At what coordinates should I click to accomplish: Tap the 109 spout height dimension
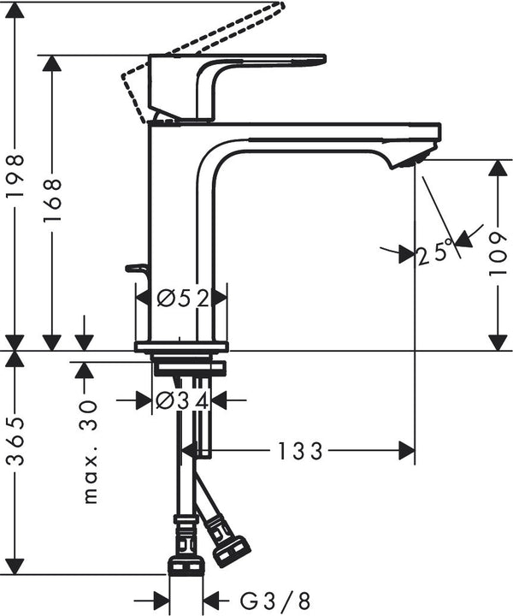(497, 251)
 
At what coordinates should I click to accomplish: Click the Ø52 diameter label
(183, 298)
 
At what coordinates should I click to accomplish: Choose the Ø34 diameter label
(182, 400)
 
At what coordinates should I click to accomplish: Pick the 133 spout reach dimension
(298, 451)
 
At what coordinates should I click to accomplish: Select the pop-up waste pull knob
(135, 269)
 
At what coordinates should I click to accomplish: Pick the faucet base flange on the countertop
(181, 346)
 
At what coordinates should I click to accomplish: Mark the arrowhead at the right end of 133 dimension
(405, 451)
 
